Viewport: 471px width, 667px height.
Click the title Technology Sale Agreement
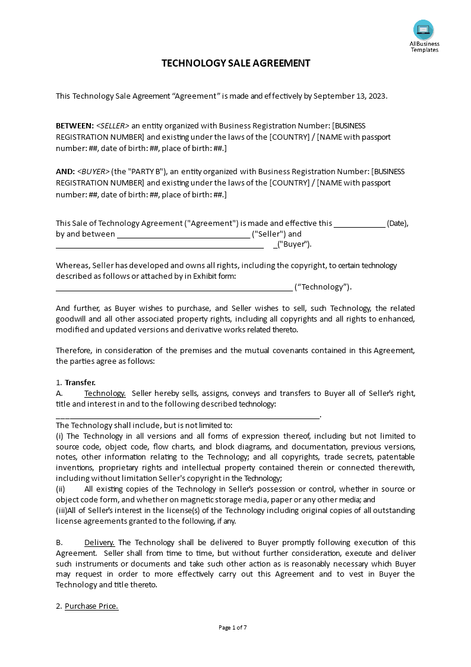[236, 63]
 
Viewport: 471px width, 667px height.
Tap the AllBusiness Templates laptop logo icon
[423, 29]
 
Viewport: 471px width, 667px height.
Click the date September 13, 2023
[350, 96]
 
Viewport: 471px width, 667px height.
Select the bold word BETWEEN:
[75, 126]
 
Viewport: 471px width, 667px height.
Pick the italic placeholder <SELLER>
[113, 126]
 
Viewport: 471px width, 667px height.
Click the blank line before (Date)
[359, 224]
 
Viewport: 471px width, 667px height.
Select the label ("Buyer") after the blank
[294, 244]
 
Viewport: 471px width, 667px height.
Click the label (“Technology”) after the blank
[323, 287]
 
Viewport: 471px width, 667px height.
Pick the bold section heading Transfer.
[80, 383]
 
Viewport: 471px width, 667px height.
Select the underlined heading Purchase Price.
[91, 606]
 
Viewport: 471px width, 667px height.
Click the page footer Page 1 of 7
[233, 627]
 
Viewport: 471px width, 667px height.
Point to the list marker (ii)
[61, 489]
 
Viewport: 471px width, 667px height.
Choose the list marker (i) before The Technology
[60, 436]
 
